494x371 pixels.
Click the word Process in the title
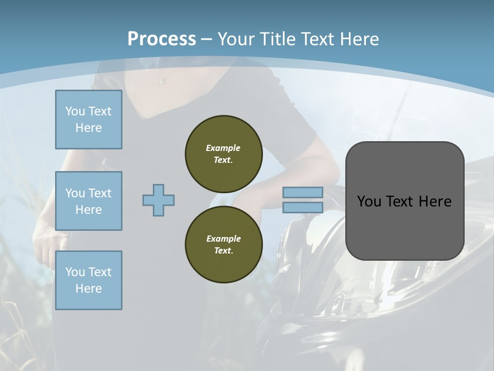point(162,39)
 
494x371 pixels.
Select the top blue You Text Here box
point(89,120)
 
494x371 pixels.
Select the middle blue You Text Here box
point(89,201)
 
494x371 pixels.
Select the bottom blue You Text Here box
point(89,280)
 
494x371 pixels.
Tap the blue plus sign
point(158,200)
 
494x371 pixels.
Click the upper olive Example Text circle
point(223,154)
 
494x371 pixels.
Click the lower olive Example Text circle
point(223,245)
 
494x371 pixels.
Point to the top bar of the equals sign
point(303,192)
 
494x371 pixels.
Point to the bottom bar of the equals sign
point(303,207)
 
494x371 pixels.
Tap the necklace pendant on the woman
point(162,82)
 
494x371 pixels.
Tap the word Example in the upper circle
point(223,148)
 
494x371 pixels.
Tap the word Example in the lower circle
point(223,239)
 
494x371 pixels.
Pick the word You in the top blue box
point(75,111)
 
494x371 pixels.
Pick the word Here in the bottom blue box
point(89,289)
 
